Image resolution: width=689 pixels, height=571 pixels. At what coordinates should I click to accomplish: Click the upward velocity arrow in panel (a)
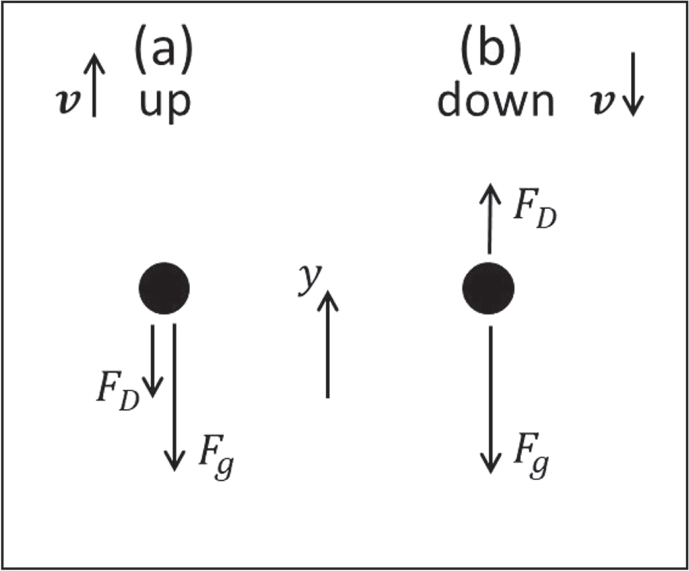pyautogui.click(x=94, y=86)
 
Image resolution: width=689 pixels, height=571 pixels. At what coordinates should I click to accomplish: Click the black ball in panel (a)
pyautogui.click(x=164, y=286)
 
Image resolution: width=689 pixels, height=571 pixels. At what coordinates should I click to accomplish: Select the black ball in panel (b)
pyautogui.click(x=488, y=286)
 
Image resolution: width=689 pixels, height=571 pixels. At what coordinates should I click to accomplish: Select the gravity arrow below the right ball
pyautogui.click(x=490, y=399)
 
